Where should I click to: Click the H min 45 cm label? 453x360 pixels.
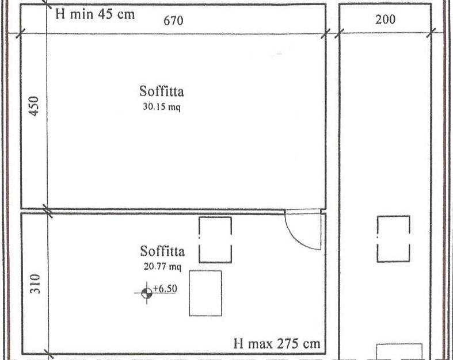click(94, 14)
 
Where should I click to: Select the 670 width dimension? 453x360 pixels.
click(173, 21)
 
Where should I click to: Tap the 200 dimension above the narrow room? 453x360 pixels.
click(385, 20)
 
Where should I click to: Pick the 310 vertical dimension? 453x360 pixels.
click(34, 284)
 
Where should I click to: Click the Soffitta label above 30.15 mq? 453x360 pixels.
click(162, 91)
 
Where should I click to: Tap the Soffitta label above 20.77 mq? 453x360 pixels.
click(162, 251)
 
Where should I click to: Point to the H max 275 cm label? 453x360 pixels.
click(277, 344)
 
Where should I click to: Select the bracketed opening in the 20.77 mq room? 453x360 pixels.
click(215, 239)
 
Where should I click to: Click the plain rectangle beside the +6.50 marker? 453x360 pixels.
click(205, 293)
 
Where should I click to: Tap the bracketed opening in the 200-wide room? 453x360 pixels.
click(394, 239)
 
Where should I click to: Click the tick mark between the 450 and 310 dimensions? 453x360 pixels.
click(48, 210)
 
